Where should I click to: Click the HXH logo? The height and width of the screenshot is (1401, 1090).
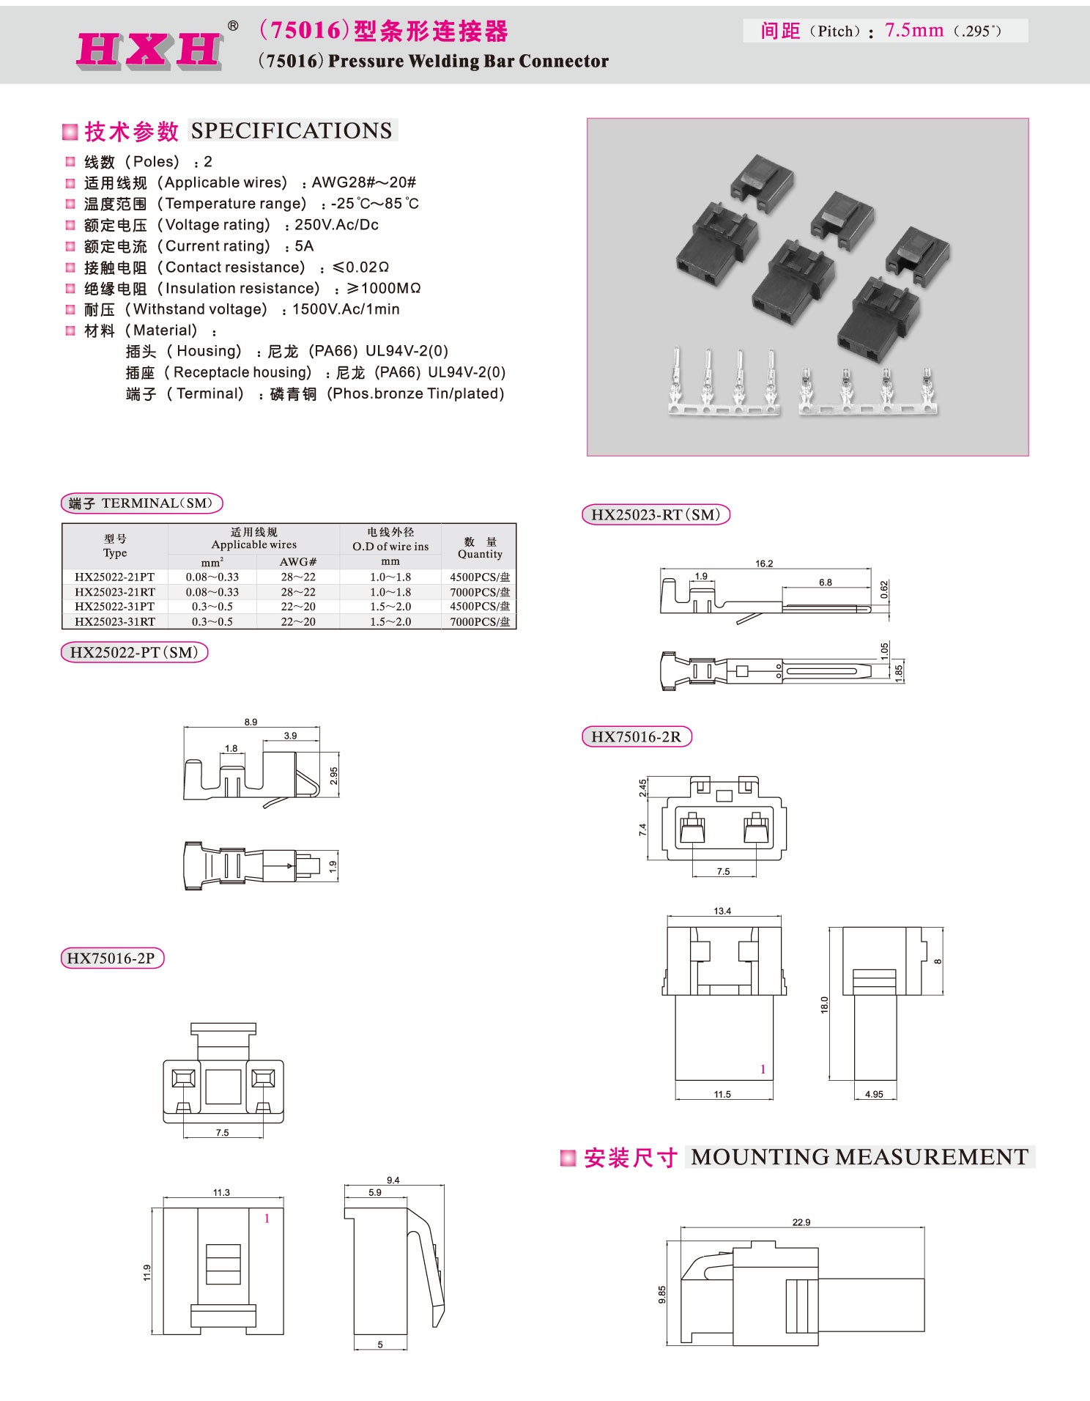pos(149,50)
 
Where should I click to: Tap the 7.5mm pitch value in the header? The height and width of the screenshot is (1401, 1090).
pos(913,31)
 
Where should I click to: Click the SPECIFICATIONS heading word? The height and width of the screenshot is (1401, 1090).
pos(292,130)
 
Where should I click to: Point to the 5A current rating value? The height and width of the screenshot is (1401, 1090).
pos(304,246)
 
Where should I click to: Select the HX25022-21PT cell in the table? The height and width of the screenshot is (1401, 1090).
pos(115,577)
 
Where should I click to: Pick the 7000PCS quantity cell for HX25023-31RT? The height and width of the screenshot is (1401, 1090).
pos(480,622)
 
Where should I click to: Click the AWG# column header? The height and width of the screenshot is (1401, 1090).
pos(298,562)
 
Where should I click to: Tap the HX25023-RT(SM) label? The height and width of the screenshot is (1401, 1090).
pos(656,515)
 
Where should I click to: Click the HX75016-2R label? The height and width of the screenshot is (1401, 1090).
pos(636,737)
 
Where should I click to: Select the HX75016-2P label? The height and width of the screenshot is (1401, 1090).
pos(111,958)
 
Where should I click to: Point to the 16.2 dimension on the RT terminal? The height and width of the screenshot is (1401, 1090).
pos(764,563)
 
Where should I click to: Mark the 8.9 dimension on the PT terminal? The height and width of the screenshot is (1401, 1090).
pos(251,722)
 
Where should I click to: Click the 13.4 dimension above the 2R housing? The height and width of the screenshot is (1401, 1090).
pos(722,911)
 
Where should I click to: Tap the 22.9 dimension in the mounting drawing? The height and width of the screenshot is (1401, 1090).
pos(801,1222)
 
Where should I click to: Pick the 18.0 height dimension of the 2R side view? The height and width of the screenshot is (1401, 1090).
pos(824,1005)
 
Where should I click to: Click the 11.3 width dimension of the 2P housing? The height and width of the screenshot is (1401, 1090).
pos(221,1192)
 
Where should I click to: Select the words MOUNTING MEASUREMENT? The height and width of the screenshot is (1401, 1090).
pos(859,1157)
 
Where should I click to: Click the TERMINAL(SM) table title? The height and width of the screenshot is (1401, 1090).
pos(141,503)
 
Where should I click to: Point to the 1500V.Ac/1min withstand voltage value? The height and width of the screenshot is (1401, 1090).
pos(346,309)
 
